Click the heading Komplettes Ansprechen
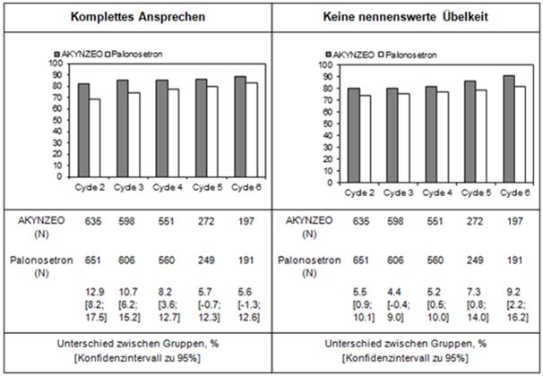pos(135,16)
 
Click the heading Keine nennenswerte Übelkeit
pos(407,16)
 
